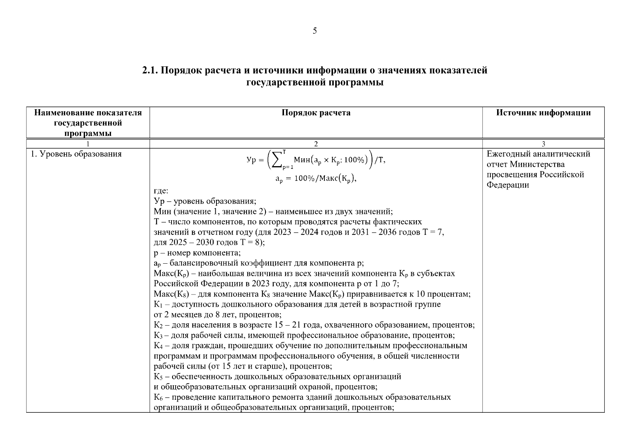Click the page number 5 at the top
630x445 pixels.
click(x=315, y=31)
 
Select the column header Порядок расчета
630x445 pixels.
click(x=316, y=113)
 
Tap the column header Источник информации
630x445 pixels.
click(x=543, y=113)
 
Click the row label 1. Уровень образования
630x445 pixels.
click(x=76, y=154)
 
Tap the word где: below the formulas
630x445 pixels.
click(x=161, y=191)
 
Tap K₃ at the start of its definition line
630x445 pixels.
click(x=158, y=336)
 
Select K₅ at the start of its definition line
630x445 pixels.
click(x=158, y=377)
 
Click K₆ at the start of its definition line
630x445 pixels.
click(x=158, y=398)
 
